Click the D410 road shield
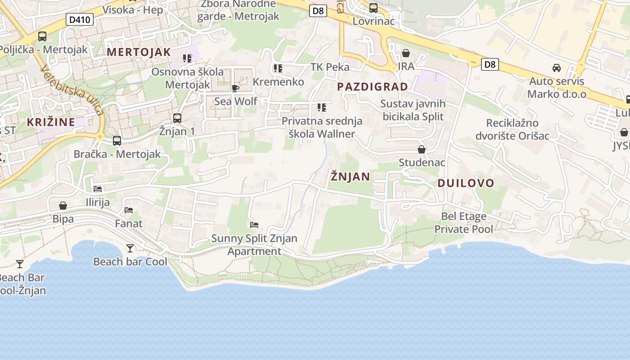[80, 19]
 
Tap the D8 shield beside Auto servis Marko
[490, 64]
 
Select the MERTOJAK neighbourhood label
[139, 52]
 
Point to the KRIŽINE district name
[51, 122]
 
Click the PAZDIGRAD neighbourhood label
[373, 86]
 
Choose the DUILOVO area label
[466, 183]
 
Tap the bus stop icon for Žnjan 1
[177, 118]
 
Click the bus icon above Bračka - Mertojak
[117, 141]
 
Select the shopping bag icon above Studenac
[422, 149]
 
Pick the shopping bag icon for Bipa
[63, 206]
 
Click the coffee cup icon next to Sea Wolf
[235, 88]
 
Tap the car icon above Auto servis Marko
[557, 68]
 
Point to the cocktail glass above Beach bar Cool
[130, 248]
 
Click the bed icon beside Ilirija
[98, 189]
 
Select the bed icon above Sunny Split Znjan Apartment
[254, 225]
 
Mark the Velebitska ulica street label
[72, 90]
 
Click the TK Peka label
[330, 67]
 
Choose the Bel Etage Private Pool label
[463, 223]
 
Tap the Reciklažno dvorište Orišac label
[513, 129]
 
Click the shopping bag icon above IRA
[406, 53]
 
